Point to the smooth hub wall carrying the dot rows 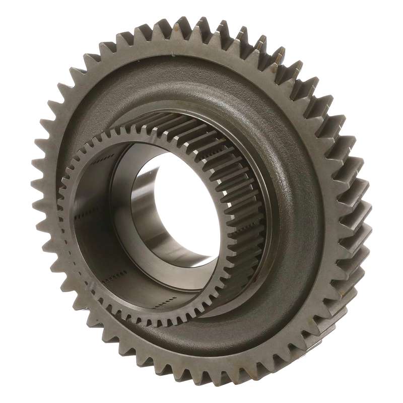(96, 242)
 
